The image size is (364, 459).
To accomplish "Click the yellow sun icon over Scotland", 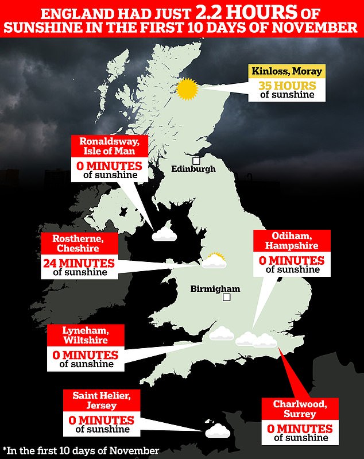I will [187, 89].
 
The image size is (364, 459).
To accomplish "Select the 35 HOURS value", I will [285, 84].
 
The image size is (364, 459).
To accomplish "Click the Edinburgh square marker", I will [196, 160].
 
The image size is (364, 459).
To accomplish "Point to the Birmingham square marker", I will [227, 297].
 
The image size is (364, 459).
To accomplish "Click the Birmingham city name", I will [215, 289].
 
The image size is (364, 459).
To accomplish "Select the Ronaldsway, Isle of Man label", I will [104, 146].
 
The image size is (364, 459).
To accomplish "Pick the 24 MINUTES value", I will [79, 264].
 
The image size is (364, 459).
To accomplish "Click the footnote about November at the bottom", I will [80, 450].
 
